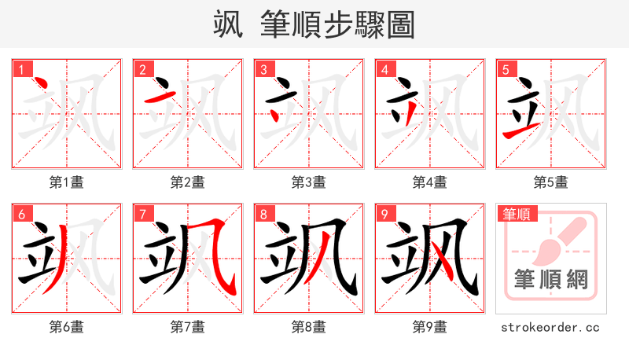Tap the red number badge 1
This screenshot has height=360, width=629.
(x=21, y=70)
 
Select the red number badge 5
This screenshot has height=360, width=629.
(x=506, y=70)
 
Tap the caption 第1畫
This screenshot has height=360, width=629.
(x=67, y=182)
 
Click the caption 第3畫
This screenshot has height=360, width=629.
(x=309, y=182)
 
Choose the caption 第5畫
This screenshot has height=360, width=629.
(x=551, y=182)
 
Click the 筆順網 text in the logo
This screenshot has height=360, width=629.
(x=551, y=279)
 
